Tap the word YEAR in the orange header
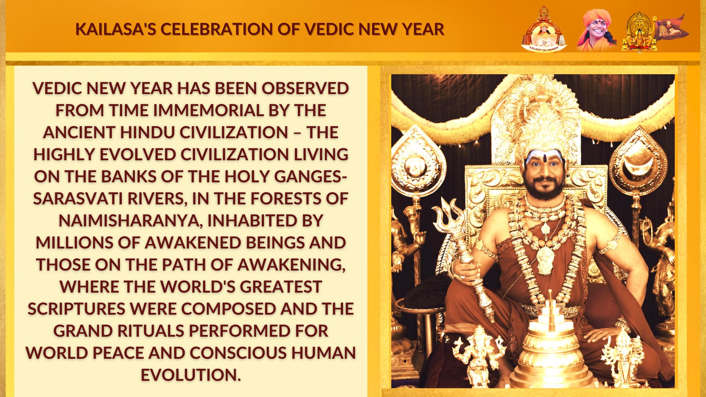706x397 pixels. [423, 29]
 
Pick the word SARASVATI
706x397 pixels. [78, 198]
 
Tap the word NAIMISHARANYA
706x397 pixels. [131, 221]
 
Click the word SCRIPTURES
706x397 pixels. [76, 309]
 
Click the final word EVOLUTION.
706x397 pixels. [190, 375]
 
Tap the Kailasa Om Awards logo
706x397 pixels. [544, 29]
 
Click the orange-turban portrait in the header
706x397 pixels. [596, 29]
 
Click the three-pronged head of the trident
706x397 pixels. [449, 217]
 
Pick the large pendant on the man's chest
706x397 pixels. [545, 260]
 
